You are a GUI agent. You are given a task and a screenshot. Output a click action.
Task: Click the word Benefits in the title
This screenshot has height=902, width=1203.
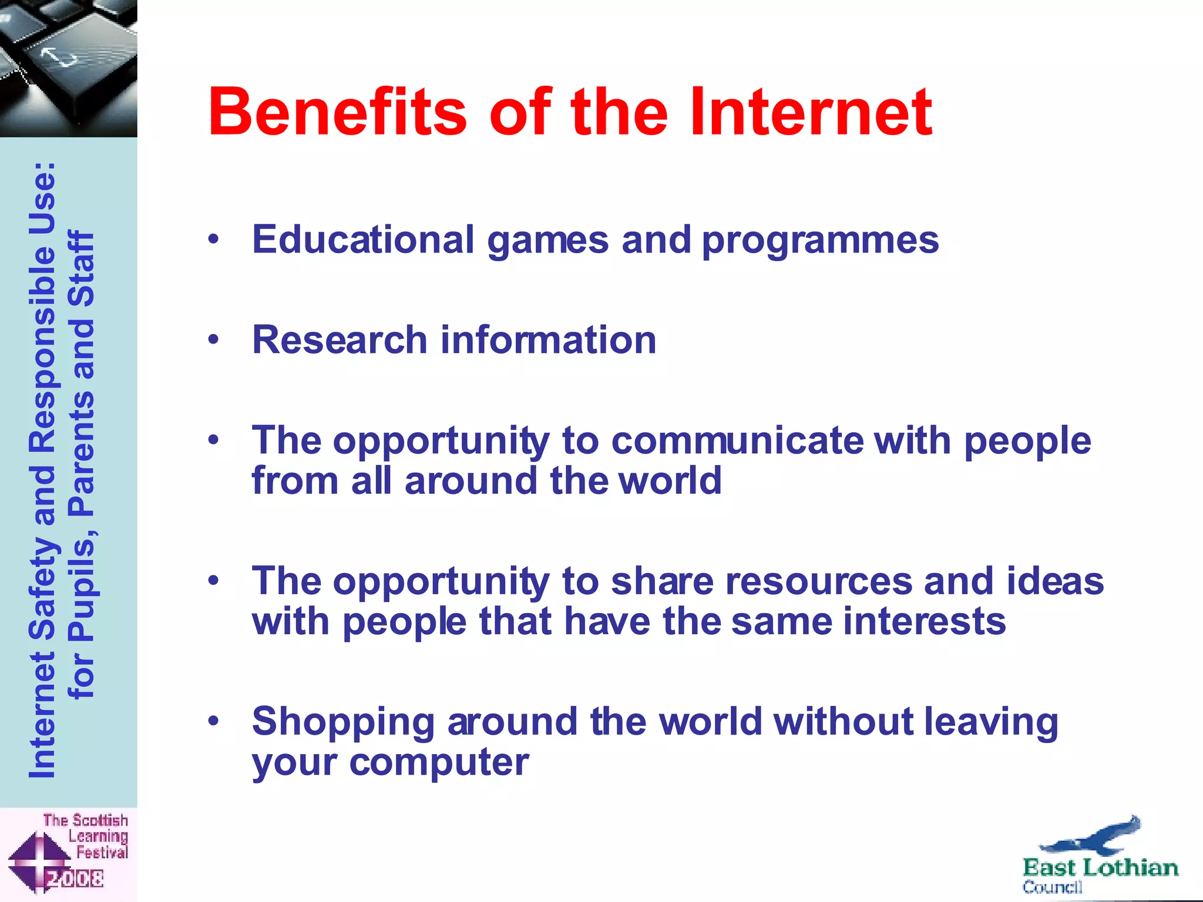(x=338, y=112)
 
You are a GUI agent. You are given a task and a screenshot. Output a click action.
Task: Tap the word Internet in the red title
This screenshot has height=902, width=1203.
(x=811, y=112)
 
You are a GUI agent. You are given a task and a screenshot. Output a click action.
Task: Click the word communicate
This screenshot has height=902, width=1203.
(x=737, y=440)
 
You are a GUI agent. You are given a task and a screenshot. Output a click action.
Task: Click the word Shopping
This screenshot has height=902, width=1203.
(x=343, y=722)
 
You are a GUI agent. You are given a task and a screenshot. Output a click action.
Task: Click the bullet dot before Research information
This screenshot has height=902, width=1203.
(x=213, y=339)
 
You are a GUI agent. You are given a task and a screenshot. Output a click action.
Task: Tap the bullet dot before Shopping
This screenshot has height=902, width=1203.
(x=213, y=721)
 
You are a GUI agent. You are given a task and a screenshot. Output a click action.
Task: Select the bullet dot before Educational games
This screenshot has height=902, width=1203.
(x=213, y=239)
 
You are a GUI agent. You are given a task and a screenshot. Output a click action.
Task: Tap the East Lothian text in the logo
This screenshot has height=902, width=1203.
(x=1100, y=868)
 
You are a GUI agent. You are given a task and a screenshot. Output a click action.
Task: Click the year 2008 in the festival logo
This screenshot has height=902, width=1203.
(x=75, y=879)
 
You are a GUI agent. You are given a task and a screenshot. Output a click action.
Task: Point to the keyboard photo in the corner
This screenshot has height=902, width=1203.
(x=68, y=68)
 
